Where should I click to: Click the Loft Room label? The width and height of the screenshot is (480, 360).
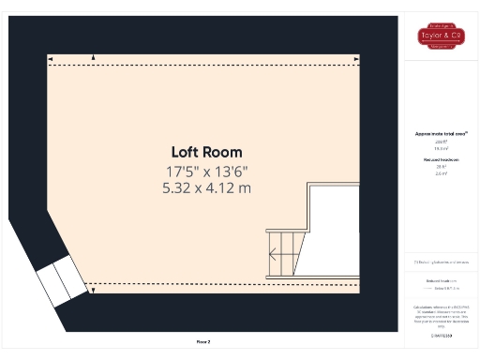[x=206, y=152]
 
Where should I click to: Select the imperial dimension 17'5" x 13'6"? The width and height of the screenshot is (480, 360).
[x=206, y=172]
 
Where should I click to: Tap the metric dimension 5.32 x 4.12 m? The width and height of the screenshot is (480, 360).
[x=206, y=188]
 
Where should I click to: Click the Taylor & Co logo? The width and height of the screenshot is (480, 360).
[x=441, y=37]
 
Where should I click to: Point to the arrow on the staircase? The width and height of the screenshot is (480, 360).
[x=274, y=252]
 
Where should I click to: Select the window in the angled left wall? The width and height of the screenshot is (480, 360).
[x=59, y=279]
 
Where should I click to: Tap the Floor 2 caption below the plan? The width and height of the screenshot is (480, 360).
[x=203, y=342]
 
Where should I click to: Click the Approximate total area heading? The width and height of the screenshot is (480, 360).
[x=441, y=134]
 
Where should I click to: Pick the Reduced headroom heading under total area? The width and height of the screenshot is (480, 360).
[x=441, y=160]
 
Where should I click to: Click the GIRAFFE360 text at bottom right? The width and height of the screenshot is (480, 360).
[x=441, y=334]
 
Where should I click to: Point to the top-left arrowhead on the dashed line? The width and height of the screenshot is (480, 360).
[x=93, y=59]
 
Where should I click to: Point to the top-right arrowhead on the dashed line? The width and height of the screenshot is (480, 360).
[x=357, y=59]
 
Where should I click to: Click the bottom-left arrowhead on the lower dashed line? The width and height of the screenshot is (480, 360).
[x=93, y=290]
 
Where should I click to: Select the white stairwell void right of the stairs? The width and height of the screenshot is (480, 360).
[x=335, y=229]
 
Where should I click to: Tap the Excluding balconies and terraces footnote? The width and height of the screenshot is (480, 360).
[x=441, y=262]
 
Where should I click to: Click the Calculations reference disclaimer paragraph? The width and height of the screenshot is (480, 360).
[x=441, y=315]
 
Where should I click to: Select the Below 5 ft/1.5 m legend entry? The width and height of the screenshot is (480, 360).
[x=441, y=290]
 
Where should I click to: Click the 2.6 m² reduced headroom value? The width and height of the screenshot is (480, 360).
[x=441, y=174]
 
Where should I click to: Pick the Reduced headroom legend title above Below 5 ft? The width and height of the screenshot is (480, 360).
[x=441, y=280]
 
